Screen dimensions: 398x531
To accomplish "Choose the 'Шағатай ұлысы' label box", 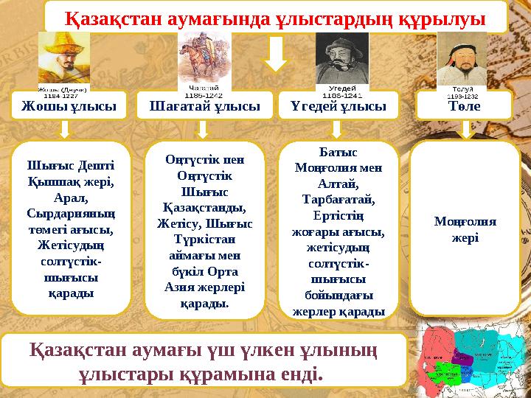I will click(204, 106).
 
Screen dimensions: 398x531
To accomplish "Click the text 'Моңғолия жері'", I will click(465, 229).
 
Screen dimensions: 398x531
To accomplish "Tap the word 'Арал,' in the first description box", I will click(71, 197).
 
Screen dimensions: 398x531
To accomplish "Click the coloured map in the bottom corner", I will click(471, 354).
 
